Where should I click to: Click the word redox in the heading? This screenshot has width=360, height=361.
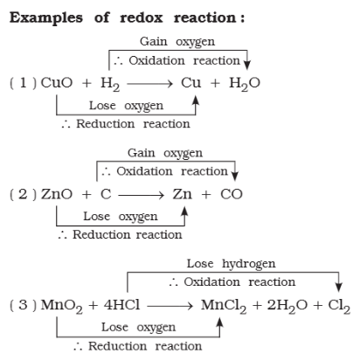[142, 17]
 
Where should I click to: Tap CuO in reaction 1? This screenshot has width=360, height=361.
[57, 83]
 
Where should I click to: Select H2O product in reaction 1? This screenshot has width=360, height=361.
[245, 84]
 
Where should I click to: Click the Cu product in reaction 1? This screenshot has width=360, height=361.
[190, 83]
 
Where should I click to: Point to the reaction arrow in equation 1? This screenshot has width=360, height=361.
[149, 84]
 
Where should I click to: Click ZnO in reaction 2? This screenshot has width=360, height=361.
[57, 194]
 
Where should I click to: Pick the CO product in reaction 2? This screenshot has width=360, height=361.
[232, 194]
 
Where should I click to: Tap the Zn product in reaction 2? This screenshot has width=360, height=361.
[183, 194]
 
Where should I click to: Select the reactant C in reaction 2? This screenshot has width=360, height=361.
[106, 194]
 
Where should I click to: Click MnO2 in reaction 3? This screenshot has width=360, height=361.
[61, 306]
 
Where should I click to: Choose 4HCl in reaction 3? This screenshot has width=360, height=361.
[121, 305]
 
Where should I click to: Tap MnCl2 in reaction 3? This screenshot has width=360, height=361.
[224, 306]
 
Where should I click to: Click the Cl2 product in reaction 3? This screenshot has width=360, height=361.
[339, 306]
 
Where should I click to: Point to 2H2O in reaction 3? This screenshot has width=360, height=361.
[287, 306]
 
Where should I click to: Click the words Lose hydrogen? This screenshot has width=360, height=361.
[231, 264]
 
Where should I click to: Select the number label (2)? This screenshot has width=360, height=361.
[24, 194]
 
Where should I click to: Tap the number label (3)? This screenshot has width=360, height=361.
[24, 305]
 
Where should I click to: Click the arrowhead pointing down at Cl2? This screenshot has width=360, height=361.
[338, 287]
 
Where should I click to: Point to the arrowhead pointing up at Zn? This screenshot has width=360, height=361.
[184, 212]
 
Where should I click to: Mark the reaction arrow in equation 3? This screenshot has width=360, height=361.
[170, 306]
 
